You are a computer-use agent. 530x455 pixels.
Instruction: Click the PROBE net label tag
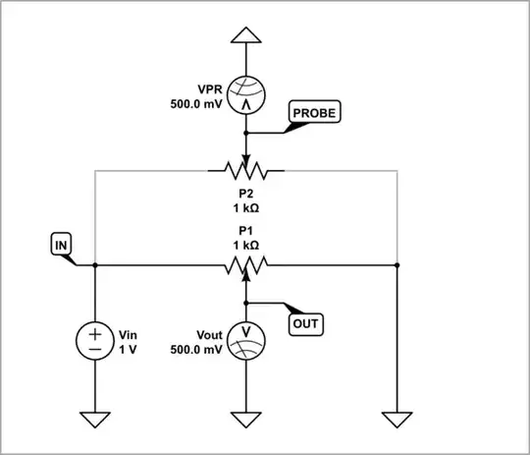[x=313, y=113]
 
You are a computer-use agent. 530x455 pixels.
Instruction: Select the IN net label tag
[x=58, y=242]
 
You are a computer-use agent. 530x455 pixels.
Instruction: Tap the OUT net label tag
[x=306, y=321]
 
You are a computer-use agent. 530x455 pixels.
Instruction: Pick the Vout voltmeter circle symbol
[x=246, y=340]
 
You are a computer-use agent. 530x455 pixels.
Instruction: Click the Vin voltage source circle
[x=94, y=340]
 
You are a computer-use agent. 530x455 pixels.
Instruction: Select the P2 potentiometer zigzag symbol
[x=246, y=171]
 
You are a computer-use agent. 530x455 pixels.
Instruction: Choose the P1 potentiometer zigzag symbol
[x=246, y=265]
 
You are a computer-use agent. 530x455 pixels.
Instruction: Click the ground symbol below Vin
[x=94, y=420]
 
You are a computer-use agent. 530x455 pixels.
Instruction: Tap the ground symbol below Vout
[x=246, y=420]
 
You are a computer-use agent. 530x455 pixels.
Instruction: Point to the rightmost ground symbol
[x=397, y=420]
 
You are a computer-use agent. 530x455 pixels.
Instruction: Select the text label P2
[x=246, y=195]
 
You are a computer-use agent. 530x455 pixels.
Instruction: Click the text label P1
[x=246, y=229]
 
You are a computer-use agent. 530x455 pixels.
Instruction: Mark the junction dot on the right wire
[x=397, y=265]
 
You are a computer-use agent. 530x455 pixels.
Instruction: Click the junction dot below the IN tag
[x=94, y=265]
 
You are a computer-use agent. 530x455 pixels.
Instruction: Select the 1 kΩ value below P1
[x=246, y=244]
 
